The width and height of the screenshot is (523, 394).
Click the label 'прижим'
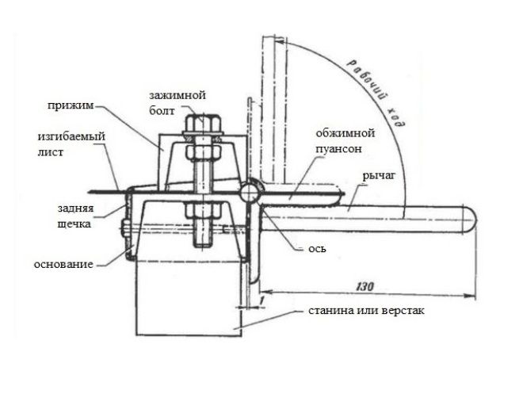coord(71,105)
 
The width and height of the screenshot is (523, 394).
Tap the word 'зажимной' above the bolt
coord(178,95)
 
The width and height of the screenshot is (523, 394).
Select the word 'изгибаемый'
coord(71,137)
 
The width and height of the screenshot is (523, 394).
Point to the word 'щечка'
coord(74,224)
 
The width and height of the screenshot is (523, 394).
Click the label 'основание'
coord(63,264)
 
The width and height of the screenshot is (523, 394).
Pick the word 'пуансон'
coord(338,148)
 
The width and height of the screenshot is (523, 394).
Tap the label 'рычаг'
coord(379,175)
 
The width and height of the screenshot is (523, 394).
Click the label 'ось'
coord(317,249)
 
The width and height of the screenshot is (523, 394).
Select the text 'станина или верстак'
coord(366,311)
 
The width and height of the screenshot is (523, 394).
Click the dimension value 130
coord(365,286)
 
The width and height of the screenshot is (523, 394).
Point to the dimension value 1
coord(261,300)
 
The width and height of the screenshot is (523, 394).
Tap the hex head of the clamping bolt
coord(203,124)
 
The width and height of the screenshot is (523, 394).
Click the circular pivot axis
coord(250,193)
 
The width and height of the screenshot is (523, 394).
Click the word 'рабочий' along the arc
coord(369,82)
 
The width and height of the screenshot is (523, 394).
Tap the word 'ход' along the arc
coord(399,117)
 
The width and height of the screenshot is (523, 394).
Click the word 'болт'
coord(162,111)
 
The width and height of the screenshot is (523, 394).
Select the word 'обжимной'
coord(345,133)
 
